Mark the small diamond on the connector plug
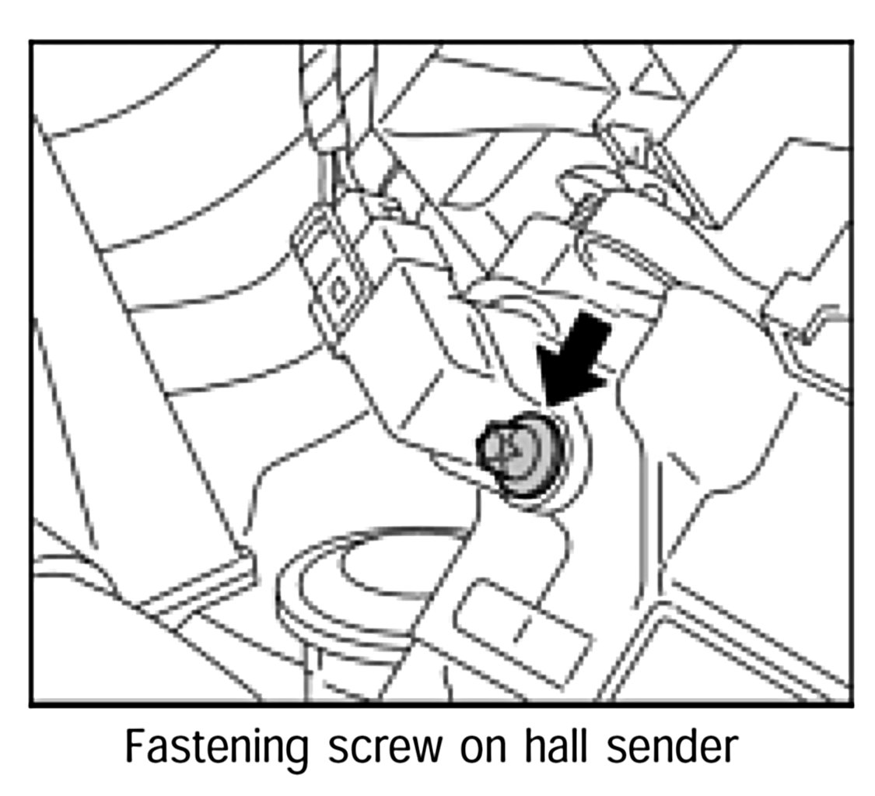point(340,291)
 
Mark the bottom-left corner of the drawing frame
point(32,704)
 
